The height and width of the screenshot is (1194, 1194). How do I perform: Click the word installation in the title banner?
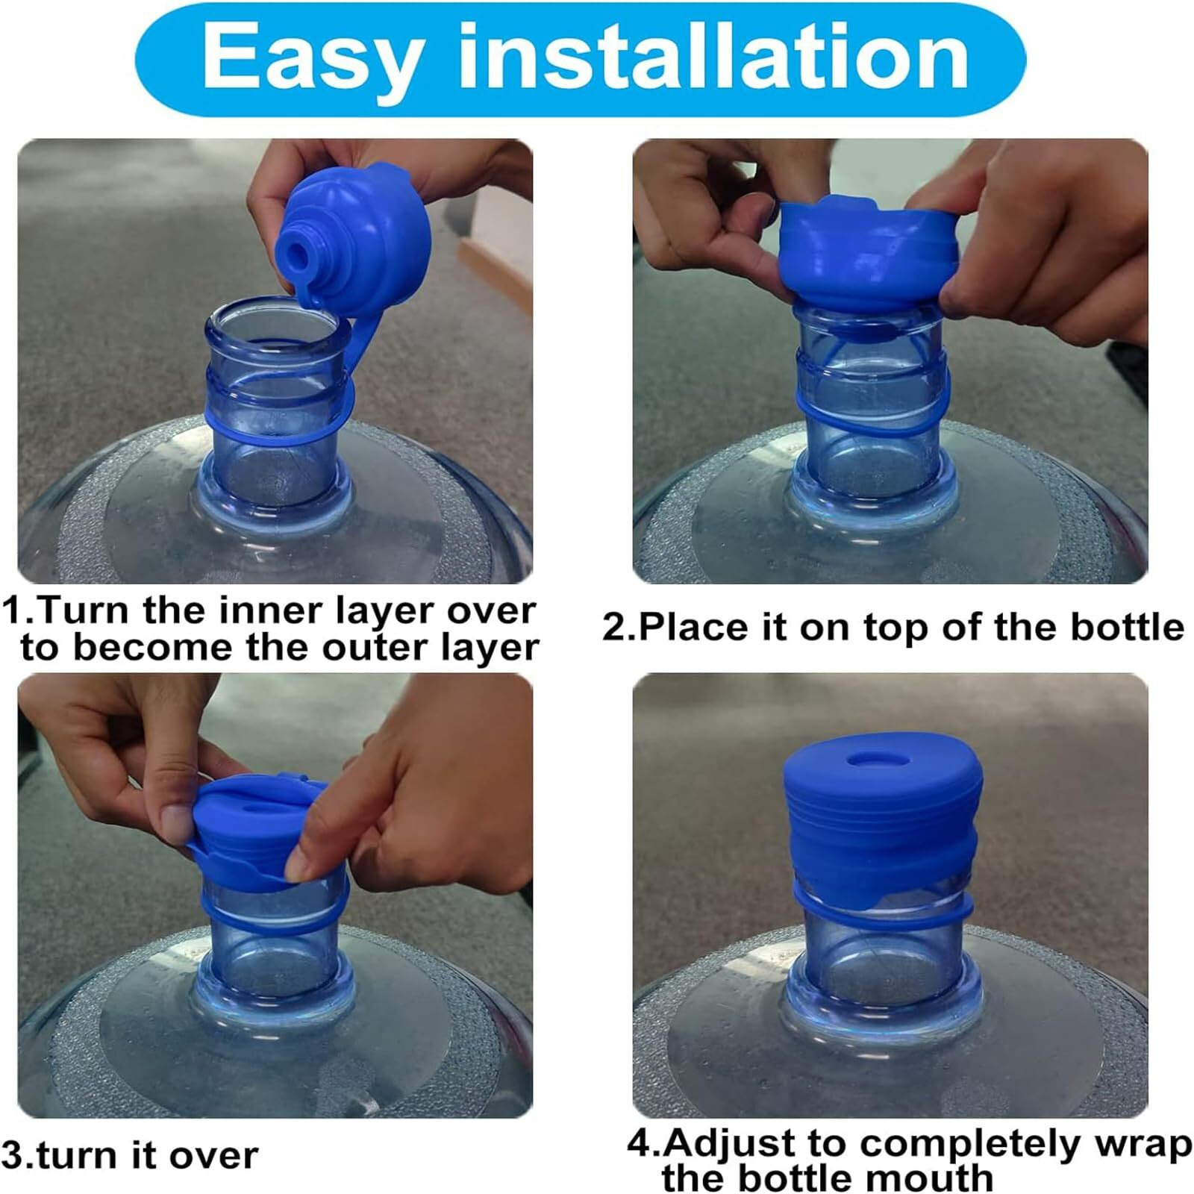pos(713,58)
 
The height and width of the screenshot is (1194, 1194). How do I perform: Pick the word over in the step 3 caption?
pos(213,1156)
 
